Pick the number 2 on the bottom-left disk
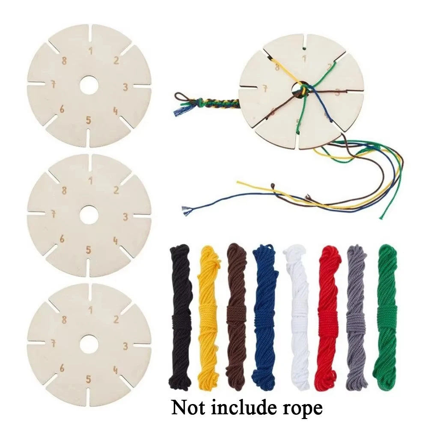(x=116, y=319)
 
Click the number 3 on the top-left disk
(x=125, y=87)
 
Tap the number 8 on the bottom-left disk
(x=64, y=319)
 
